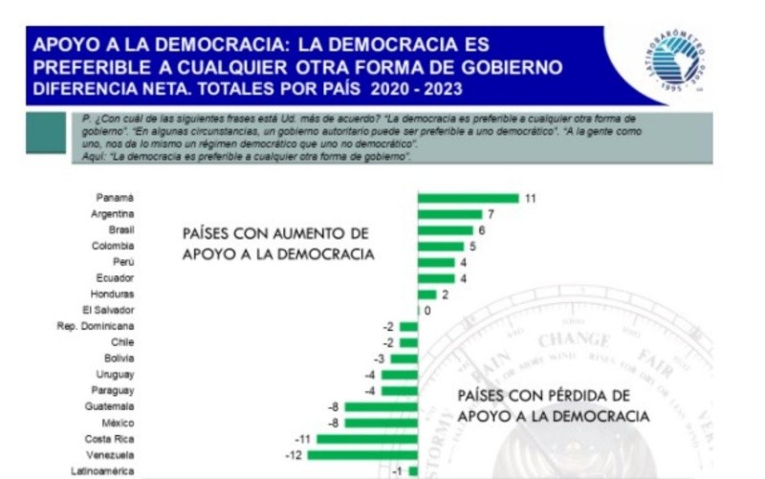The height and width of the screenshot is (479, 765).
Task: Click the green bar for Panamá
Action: tap(468, 198)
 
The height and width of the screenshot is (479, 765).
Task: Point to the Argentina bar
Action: tap(449, 214)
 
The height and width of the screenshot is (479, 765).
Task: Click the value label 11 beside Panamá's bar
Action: tap(530, 198)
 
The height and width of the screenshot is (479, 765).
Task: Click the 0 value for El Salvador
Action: tap(427, 311)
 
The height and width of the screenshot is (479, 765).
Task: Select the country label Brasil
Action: tap(120, 229)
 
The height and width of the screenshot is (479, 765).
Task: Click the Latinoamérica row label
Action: tap(102, 470)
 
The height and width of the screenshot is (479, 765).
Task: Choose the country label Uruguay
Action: tap(116, 374)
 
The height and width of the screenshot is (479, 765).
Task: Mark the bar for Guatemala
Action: tap(381, 406)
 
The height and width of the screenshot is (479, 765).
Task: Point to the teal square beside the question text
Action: tap(46, 133)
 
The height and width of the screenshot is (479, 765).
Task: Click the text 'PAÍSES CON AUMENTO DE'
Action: tap(275, 233)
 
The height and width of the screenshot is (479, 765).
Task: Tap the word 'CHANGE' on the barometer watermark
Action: tap(574, 340)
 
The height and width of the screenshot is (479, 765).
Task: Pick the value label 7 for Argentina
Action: tap(490, 214)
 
